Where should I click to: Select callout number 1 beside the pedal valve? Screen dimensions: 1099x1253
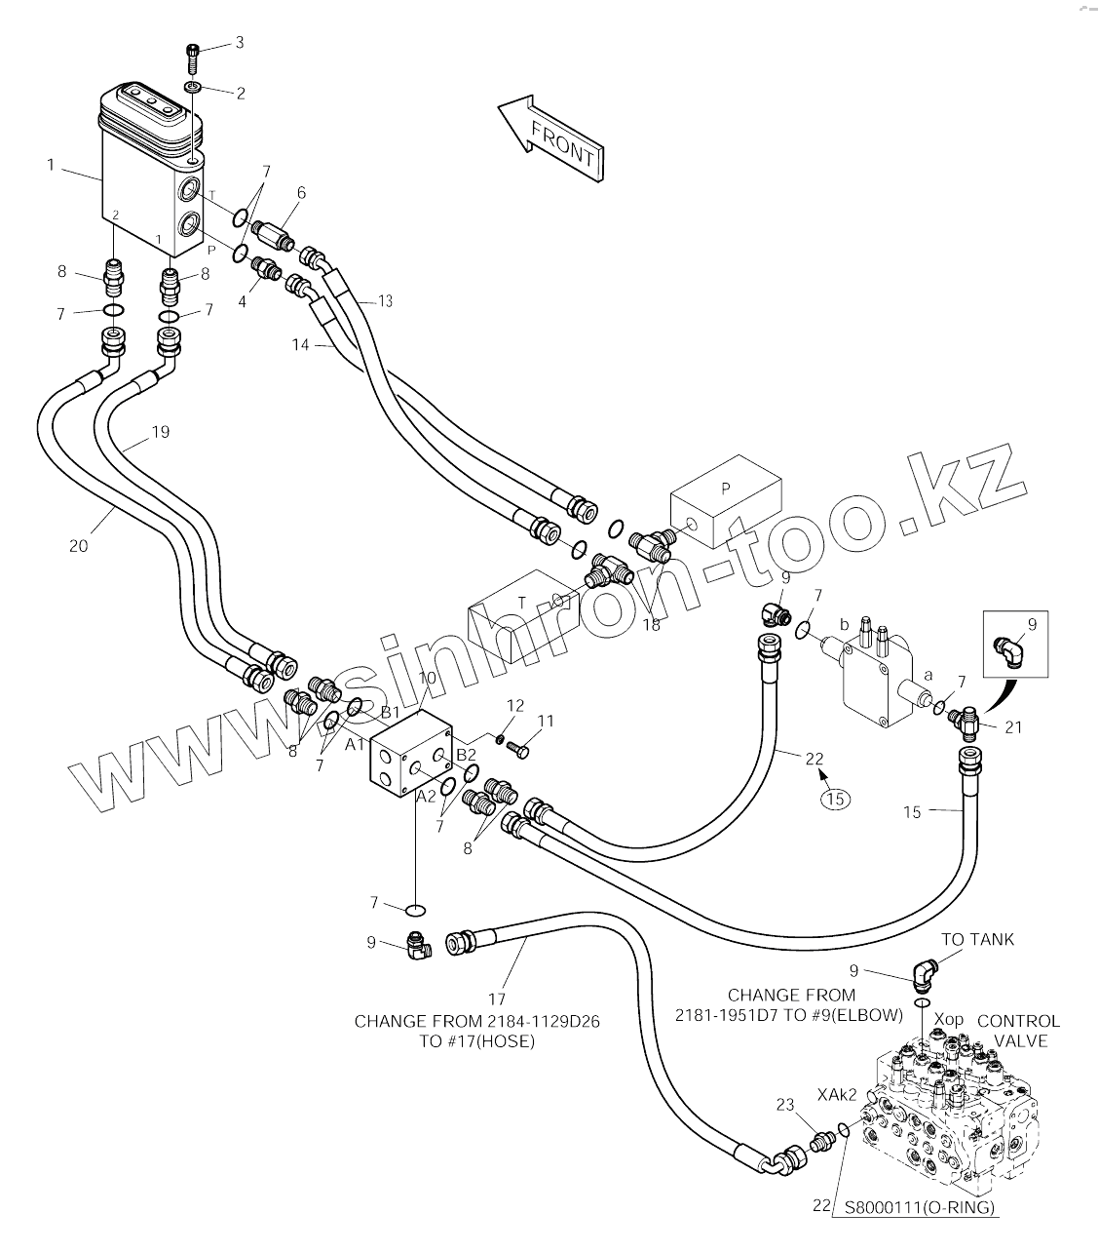pos(51,165)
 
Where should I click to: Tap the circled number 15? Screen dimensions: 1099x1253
pos(835,799)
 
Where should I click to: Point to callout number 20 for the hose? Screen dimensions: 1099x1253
pos(79,545)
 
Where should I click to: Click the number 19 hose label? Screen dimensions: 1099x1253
pos(160,432)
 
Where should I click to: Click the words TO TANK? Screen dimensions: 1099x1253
pos(977,939)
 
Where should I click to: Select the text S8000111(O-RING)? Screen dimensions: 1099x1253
pos(919,1206)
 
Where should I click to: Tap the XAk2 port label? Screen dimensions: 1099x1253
pos(837,1094)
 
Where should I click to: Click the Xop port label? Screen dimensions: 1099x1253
pos(948,1019)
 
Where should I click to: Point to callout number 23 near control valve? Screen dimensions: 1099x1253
pos(785,1104)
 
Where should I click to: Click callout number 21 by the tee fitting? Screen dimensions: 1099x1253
pos(1013,727)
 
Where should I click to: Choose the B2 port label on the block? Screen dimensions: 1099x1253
pos(466,755)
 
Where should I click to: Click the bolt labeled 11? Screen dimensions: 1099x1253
pos(518,750)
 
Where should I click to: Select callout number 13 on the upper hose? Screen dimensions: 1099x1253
pos(385,301)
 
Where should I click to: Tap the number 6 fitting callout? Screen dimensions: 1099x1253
pos(301,192)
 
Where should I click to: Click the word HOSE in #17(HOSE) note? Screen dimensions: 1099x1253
pos(508,1040)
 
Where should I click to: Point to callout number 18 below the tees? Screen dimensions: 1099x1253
pos(652,625)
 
